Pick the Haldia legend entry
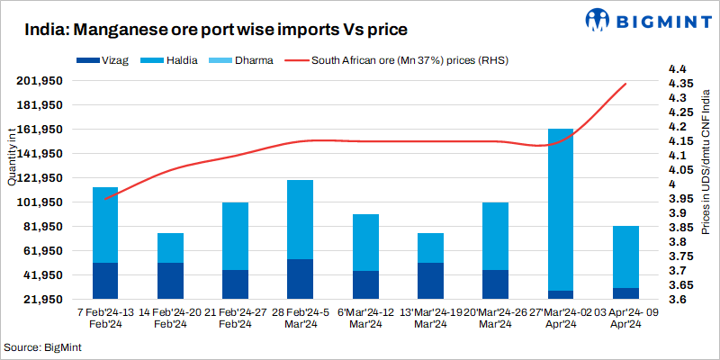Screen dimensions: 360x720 coord(161,62)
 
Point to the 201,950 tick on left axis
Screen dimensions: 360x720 coord(39,81)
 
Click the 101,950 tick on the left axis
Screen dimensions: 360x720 coord(39,202)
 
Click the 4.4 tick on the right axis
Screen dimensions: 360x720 coord(677,69)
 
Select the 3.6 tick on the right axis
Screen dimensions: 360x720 coord(677,300)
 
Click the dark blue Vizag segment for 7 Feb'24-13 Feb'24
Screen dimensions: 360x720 coord(105,281)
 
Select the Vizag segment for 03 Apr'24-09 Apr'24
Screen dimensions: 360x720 coord(625,293)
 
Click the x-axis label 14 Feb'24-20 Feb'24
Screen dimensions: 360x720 coord(170,318)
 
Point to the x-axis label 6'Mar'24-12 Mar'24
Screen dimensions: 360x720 coord(364,318)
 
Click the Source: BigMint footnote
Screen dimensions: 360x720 coord(41,346)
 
